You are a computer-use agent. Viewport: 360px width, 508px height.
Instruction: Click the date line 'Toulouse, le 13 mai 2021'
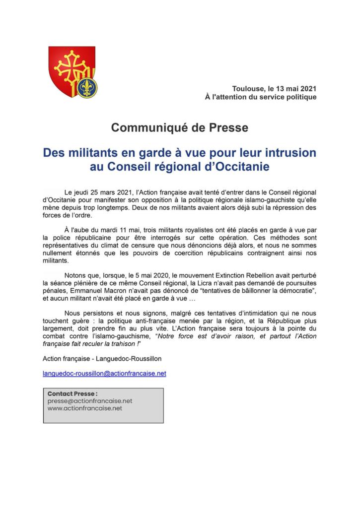(x=274, y=88)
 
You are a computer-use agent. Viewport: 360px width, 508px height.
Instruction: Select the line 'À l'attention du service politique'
(x=261, y=97)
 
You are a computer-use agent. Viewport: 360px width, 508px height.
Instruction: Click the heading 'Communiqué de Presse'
(x=180, y=127)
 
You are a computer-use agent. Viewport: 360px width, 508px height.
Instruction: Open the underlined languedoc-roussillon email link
(x=105, y=373)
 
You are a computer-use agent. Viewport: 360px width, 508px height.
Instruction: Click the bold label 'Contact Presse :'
(x=72, y=394)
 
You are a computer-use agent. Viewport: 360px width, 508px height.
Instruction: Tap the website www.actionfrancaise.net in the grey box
(x=84, y=408)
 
